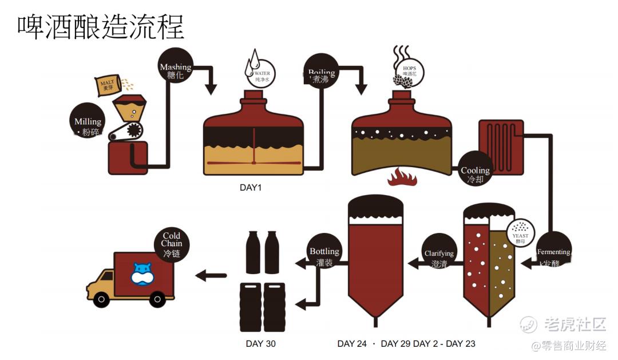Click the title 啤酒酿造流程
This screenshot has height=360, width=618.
click(x=101, y=26)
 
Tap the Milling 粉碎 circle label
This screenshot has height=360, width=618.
click(x=88, y=126)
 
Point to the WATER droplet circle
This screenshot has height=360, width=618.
click(x=262, y=74)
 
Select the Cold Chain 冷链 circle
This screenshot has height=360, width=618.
click(x=171, y=244)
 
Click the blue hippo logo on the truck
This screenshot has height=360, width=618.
click(x=142, y=272)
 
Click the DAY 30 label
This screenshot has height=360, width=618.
click(x=261, y=343)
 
